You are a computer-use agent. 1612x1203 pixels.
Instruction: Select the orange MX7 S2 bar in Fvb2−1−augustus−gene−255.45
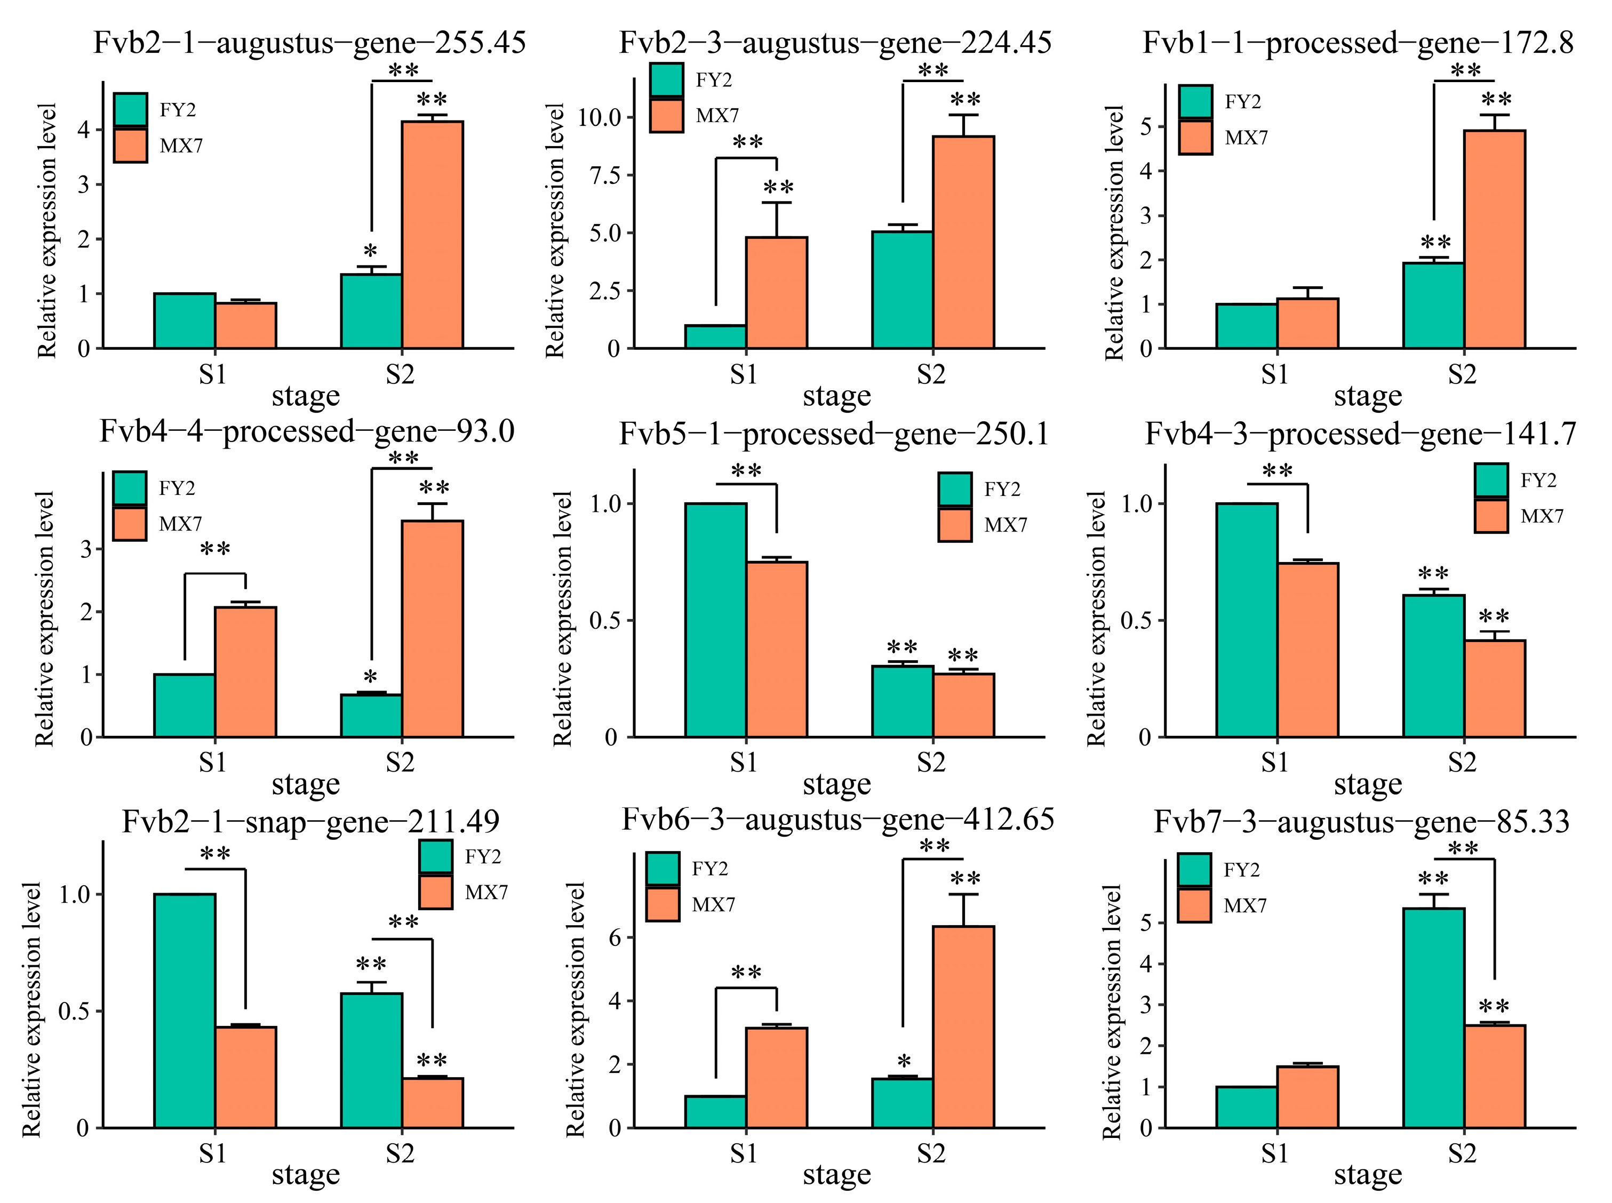click(x=432, y=235)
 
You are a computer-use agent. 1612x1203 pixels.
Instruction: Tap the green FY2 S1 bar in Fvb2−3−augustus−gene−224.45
click(x=715, y=336)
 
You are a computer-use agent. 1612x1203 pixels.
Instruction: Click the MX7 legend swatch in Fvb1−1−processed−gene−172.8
click(x=1195, y=137)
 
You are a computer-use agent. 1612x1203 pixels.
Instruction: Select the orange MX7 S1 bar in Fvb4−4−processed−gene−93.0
click(x=245, y=671)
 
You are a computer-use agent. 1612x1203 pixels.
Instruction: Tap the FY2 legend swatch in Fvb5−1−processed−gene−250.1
click(x=954, y=490)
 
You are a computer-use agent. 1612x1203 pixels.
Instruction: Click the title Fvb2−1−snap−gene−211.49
click(x=310, y=821)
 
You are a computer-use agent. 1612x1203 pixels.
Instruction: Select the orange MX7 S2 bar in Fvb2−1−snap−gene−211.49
click(x=432, y=1103)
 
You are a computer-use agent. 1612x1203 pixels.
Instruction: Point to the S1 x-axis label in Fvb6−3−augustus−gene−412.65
click(x=743, y=1153)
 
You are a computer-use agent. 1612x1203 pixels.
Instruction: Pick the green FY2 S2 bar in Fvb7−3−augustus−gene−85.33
click(x=1433, y=1017)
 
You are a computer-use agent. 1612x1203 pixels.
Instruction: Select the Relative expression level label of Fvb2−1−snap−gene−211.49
click(x=31, y=1008)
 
